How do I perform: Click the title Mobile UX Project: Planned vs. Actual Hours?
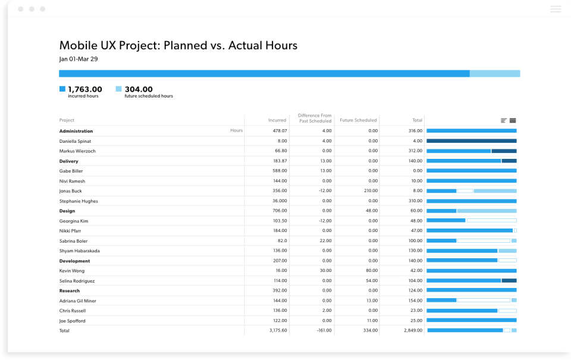[x=178, y=45]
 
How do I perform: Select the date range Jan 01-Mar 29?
[x=79, y=59]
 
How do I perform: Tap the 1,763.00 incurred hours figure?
[x=84, y=89]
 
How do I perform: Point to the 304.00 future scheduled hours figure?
[x=139, y=89]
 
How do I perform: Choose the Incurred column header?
[x=277, y=120]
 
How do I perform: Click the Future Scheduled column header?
[x=358, y=120]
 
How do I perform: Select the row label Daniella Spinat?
[x=75, y=141]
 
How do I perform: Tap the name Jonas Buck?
[x=71, y=191]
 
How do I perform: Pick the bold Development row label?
[x=75, y=261]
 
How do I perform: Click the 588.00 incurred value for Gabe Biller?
[x=280, y=171]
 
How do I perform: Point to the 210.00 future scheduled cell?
[x=371, y=191]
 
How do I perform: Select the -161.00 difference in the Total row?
[x=324, y=330]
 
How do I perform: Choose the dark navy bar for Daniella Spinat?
[x=471, y=141]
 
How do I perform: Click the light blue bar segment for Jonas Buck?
[x=495, y=191]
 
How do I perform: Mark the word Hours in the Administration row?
[x=236, y=130]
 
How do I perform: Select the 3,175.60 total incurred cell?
[x=278, y=330]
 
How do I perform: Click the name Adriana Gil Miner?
[x=79, y=300]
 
